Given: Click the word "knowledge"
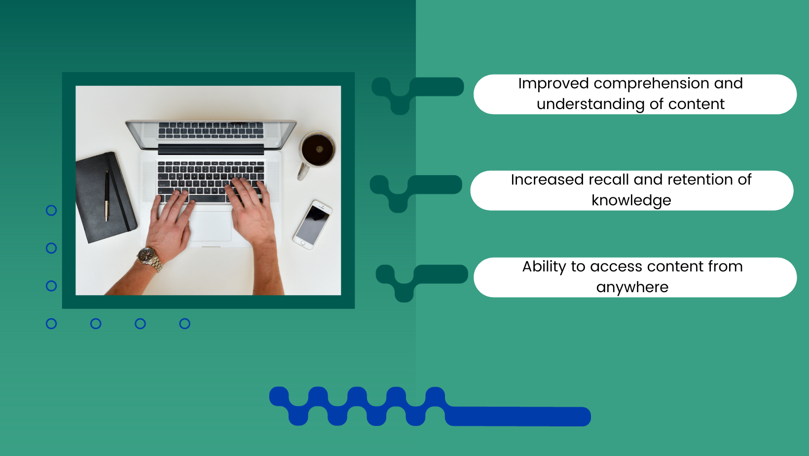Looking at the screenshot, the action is (x=631, y=200).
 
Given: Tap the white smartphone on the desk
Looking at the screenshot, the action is (x=313, y=225).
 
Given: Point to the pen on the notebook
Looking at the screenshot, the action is (x=107, y=195).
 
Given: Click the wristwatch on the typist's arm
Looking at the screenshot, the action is (x=150, y=258).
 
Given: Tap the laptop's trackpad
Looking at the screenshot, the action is (x=211, y=226).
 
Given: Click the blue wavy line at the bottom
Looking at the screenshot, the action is (x=430, y=407).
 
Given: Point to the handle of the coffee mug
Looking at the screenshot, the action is (x=303, y=172).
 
